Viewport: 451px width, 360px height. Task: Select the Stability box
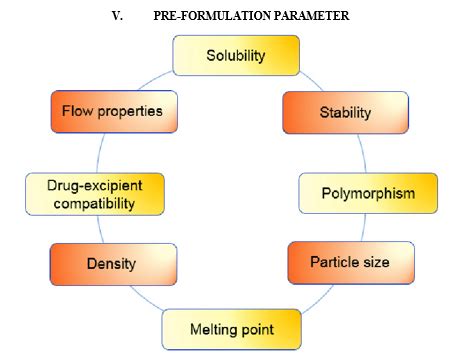[x=344, y=112]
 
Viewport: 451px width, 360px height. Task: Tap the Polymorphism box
[x=369, y=193]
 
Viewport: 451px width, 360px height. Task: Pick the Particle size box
[x=350, y=262]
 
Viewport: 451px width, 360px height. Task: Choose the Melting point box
[x=232, y=328]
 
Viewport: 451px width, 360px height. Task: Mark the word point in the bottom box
[x=263, y=328]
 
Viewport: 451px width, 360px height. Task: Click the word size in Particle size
[x=376, y=262]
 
